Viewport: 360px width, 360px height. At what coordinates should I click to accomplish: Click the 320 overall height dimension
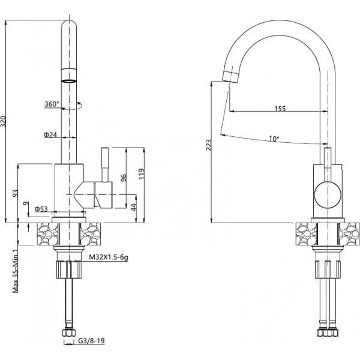pyautogui.click(x=3, y=121)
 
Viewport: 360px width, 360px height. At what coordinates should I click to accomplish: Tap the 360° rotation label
pyautogui.click(x=52, y=104)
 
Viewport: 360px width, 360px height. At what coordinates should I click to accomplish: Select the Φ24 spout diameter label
pyautogui.click(x=50, y=134)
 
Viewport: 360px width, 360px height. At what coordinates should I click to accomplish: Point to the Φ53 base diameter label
pyautogui.click(x=41, y=209)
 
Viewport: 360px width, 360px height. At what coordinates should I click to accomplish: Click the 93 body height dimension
pyautogui.click(x=15, y=193)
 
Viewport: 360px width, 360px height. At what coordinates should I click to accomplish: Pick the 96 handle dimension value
pyautogui.click(x=124, y=178)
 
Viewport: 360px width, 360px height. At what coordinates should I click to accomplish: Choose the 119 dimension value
pyautogui.click(x=142, y=174)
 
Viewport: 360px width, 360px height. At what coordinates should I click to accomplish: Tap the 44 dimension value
pyautogui.click(x=134, y=207)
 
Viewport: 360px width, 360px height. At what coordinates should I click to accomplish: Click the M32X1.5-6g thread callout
pyautogui.click(x=109, y=257)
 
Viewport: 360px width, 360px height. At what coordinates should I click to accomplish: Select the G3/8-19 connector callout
pyautogui.click(x=91, y=340)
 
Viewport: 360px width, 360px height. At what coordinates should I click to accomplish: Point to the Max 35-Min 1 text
pyautogui.click(x=16, y=271)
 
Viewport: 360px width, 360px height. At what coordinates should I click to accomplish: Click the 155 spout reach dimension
pyautogui.click(x=280, y=108)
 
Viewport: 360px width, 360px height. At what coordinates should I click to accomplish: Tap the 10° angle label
pyautogui.click(x=274, y=139)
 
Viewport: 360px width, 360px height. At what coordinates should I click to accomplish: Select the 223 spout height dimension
pyautogui.click(x=209, y=145)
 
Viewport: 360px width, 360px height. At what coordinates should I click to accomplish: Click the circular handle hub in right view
pyautogui.click(x=328, y=195)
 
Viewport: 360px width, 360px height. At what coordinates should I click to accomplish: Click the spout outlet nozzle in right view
pyautogui.click(x=230, y=76)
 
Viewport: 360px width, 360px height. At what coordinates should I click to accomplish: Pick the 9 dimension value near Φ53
pyautogui.click(x=26, y=203)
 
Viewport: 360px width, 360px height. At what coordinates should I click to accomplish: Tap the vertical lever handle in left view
pyautogui.click(x=105, y=165)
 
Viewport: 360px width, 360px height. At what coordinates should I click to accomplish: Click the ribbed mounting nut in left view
pyautogui.click(x=70, y=269)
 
